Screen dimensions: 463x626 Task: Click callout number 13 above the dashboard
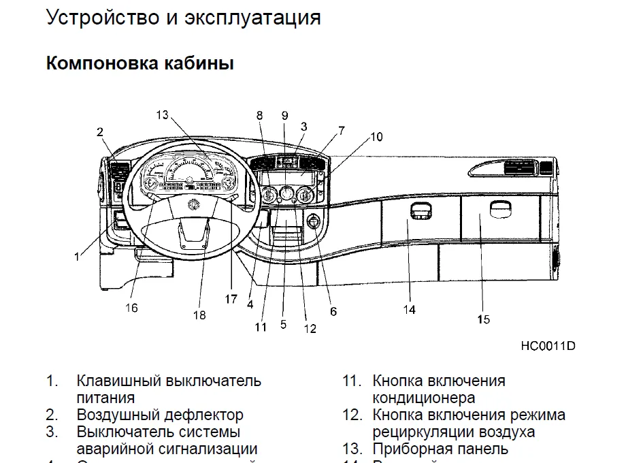161,114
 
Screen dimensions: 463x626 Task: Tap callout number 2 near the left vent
100,131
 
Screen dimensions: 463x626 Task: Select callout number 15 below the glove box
483,319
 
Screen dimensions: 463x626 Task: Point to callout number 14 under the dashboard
408,310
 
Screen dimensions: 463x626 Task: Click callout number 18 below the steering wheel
199,315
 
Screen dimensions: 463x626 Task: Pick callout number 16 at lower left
131,308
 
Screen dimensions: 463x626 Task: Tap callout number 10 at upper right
376,137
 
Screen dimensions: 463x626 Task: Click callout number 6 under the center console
333,312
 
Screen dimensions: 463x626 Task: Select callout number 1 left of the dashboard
77,257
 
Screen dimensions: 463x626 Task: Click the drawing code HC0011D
548,345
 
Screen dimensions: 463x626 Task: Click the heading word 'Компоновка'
100,64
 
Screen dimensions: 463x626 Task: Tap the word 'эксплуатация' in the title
252,18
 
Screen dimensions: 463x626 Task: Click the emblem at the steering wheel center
193,203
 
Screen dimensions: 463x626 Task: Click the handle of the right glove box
500,208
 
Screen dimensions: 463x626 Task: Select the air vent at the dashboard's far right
516,166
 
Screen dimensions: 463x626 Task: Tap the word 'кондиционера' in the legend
423,398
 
